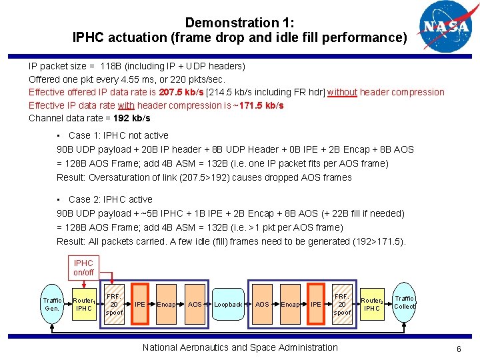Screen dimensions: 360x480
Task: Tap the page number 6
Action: [x=459, y=349]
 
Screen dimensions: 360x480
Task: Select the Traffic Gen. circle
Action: [x=52, y=304]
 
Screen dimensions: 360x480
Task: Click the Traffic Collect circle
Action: [x=404, y=302]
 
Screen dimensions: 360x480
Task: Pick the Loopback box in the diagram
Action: [x=228, y=304]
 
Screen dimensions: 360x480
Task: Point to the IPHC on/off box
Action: [x=83, y=267]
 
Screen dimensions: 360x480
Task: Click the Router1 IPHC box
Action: [x=83, y=304]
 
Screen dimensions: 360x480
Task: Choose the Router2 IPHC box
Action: [x=371, y=304]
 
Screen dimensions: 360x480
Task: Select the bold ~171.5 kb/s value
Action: [x=255, y=105]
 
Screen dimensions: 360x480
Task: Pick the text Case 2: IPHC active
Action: [x=110, y=199]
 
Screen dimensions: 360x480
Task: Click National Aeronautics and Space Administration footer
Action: [x=240, y=347]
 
